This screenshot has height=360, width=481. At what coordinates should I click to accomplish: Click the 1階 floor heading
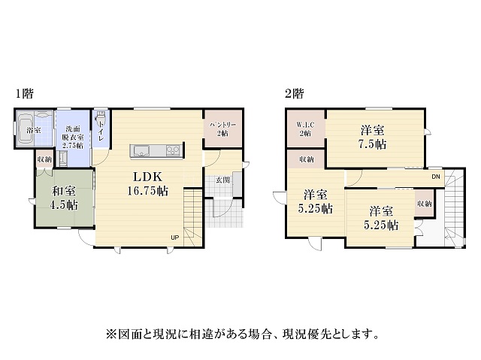pyautogui.click(x=25, y=93)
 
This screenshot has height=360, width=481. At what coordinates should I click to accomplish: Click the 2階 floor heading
pyautogui.click(x=294, y=93)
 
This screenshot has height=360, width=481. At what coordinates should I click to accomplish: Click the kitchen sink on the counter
pyautogui.click(x=141, y=150)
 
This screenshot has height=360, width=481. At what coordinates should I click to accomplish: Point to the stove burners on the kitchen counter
pyautogui.click(x=173, y=150)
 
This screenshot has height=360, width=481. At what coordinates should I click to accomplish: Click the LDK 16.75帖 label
pyautogui.click(x=147, y=183)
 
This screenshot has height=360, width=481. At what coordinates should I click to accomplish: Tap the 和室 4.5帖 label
pyautogui.click(x=64, y=198)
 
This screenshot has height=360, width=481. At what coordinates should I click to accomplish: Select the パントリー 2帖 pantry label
pyautogui.click(x=223, y=129)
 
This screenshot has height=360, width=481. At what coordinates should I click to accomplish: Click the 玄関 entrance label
pyautogui.click(x=222, y=180)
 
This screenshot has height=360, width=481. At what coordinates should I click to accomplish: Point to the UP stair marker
pyautogui.click(x=175, y=237)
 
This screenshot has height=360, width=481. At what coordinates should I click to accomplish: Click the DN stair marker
pyautogui.click(x=436, y=177)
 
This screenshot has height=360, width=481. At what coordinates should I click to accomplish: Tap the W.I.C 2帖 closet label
pyautogui.click(x=305, y=129)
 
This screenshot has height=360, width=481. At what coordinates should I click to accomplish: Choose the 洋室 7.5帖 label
pyautogui.click(x=372, y=137)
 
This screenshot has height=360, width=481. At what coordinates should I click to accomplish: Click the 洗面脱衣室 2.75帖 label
pyautogui.click(x=73, y=137)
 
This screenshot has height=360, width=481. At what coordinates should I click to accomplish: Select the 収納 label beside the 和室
pyautogui.click(x=44, y=159)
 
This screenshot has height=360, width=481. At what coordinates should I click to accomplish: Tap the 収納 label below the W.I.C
pyautogui.click(x=307, y=159)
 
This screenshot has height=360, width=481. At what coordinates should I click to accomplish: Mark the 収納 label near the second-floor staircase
pyautogui.click(x=424, y=204)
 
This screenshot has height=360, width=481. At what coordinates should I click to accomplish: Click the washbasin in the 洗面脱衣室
pyautogui.click(x=63, y=159)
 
